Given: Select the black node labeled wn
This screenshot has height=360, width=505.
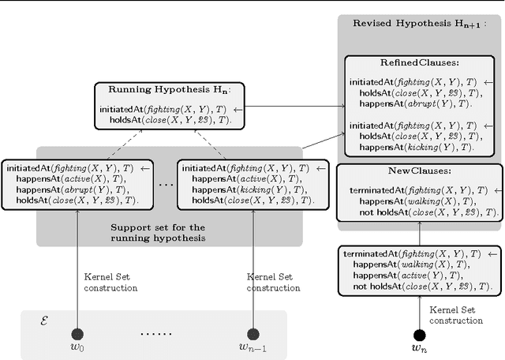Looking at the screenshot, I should pos(418,334).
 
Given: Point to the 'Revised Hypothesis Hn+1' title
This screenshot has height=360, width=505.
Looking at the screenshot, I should pos(419,23).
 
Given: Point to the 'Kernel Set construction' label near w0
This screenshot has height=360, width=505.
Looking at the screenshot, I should pos(110,283).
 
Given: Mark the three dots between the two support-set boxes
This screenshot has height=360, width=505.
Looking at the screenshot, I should pos(166,186).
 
